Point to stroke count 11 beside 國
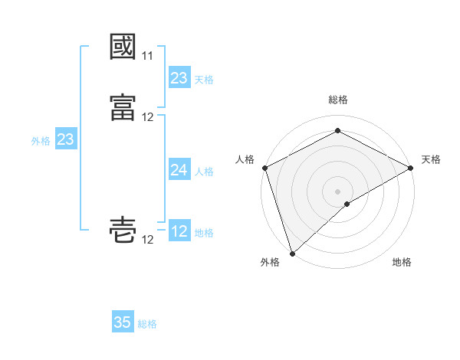pyautogui.click(x=147, y=57)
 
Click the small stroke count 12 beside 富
pyautogui.click(x=147, y=117)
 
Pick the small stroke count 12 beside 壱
pyautogui.click(x=147, y=240)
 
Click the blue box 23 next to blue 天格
pyautogui.click(x=179, y=78)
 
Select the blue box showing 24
pyautogui.click(x=179, y=170)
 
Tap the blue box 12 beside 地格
pyautogui.click(x=179, y=231)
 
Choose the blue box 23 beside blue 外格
pyautogui.click(x=65, y=139)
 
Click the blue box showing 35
pyautogui.click(x=123, y=322)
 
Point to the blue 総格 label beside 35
pyautogui.click(x=147, y=324)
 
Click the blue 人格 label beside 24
pyautogui.click(x=204, y=172)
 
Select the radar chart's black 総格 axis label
pyautogui.click(x=338, y=100)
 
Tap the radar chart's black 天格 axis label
pyautogui.click(x=431, y=159)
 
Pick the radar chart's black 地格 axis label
pyautogui.click(x=402, y=262)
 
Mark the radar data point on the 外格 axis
pyautogui.click(x=292, y=253)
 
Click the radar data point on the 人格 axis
pyautogui.click(x=264, y=168)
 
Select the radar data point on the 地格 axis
pyautogui.click(x=347, y=204)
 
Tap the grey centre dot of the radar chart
pyautogui.click(x=338, y=191)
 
